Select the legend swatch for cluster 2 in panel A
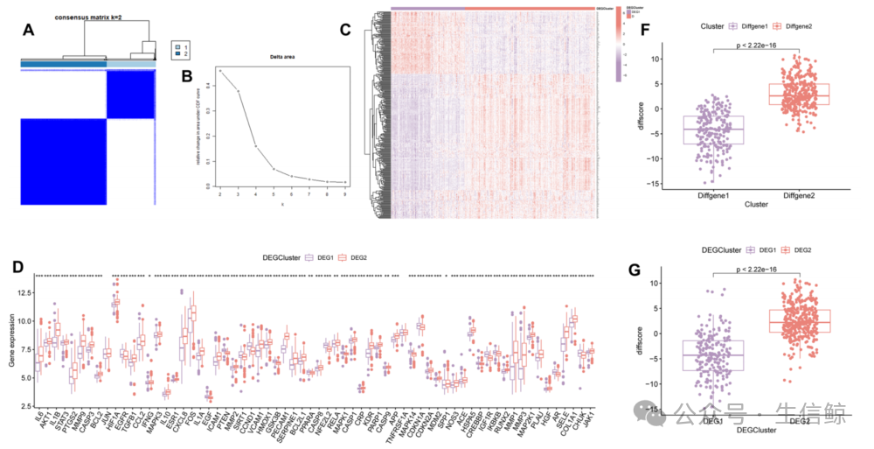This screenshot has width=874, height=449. (177, 55)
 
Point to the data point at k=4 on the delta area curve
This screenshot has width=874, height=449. (255, 146)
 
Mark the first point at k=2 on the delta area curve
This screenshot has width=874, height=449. (219, 70)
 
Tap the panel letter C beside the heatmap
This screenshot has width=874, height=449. (345, 30)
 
